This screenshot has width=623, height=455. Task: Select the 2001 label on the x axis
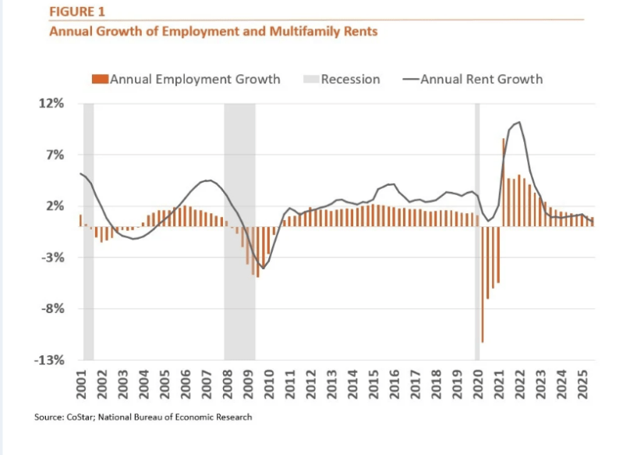[82, 383]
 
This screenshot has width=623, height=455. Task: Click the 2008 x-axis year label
[227, 383]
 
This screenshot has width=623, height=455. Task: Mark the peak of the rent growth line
[519, 123]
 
